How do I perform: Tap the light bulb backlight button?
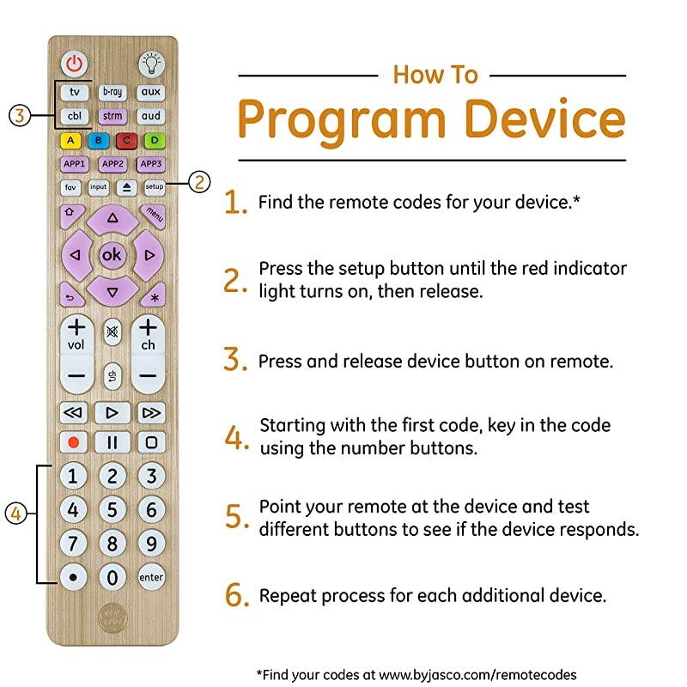pyautogui.click(x=150, y=63)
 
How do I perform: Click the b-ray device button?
pyautogui.click(x=112, y=92)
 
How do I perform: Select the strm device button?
pyautogui.click(x=112, y=115)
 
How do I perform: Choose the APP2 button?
pyautogui.click(x=112, y=163)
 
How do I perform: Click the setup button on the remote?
pyautogui.click(x=154, y=186)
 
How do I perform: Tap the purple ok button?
pyautogui.click(x=112, y=255)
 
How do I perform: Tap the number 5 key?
pyautogui.click(x=112, y=510)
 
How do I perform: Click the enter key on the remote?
pyautogui.click(x=151, y=577)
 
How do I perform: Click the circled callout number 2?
pyautogui.click(x=198, y=182)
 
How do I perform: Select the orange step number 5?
pyautogui.click(x=236, y=517)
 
